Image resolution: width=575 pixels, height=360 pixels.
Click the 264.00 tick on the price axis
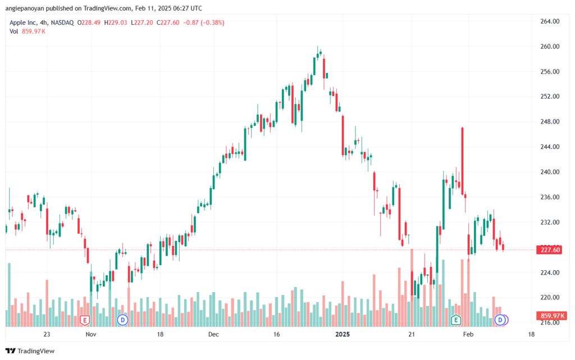550,21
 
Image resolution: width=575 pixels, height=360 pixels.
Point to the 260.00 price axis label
550,47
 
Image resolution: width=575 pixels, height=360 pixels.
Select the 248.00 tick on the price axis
550,122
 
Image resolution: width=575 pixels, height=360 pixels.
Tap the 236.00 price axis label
550,197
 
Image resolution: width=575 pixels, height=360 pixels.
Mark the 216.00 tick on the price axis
550,322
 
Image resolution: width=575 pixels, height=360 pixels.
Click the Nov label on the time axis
91,334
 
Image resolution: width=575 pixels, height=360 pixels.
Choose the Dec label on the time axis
213,334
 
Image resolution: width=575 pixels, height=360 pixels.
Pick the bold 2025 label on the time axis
343,334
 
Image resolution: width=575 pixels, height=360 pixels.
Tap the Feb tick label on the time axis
468,334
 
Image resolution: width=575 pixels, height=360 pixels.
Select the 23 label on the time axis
47,334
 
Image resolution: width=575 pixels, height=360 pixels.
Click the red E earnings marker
85,321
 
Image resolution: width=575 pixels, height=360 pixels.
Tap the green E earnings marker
456,320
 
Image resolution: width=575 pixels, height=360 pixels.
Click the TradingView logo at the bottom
30,351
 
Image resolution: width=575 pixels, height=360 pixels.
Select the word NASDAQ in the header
62,22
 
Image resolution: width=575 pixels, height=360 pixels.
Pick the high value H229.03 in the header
116,22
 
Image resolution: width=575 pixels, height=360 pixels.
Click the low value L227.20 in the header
142,22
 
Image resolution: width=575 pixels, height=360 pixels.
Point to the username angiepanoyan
25,8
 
